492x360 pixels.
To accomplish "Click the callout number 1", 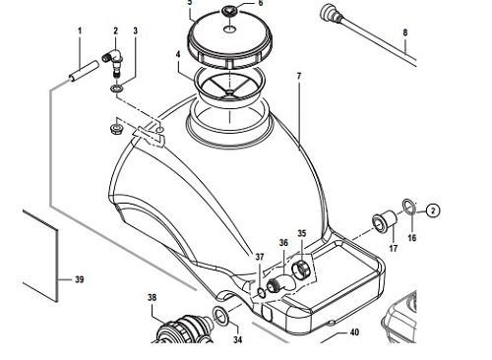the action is pos(80,31).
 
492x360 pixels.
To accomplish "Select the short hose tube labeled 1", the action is pos(84,71).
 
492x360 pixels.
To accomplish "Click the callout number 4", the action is pos(178,54).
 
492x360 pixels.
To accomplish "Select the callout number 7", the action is pos(298,76).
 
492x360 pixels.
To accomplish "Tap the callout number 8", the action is pos(405,32).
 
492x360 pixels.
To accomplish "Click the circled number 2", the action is pos(433,210).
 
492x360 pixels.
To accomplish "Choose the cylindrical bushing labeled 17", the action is pos(384,222).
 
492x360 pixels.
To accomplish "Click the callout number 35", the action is pos(302,233).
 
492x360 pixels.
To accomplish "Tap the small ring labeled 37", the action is pos(261,293).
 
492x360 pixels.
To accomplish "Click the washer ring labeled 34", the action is pos(221,316).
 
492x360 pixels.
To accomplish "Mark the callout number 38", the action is pos(152,298).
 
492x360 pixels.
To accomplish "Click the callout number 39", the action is pos(80,279).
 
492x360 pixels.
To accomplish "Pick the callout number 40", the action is pos(354,332).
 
